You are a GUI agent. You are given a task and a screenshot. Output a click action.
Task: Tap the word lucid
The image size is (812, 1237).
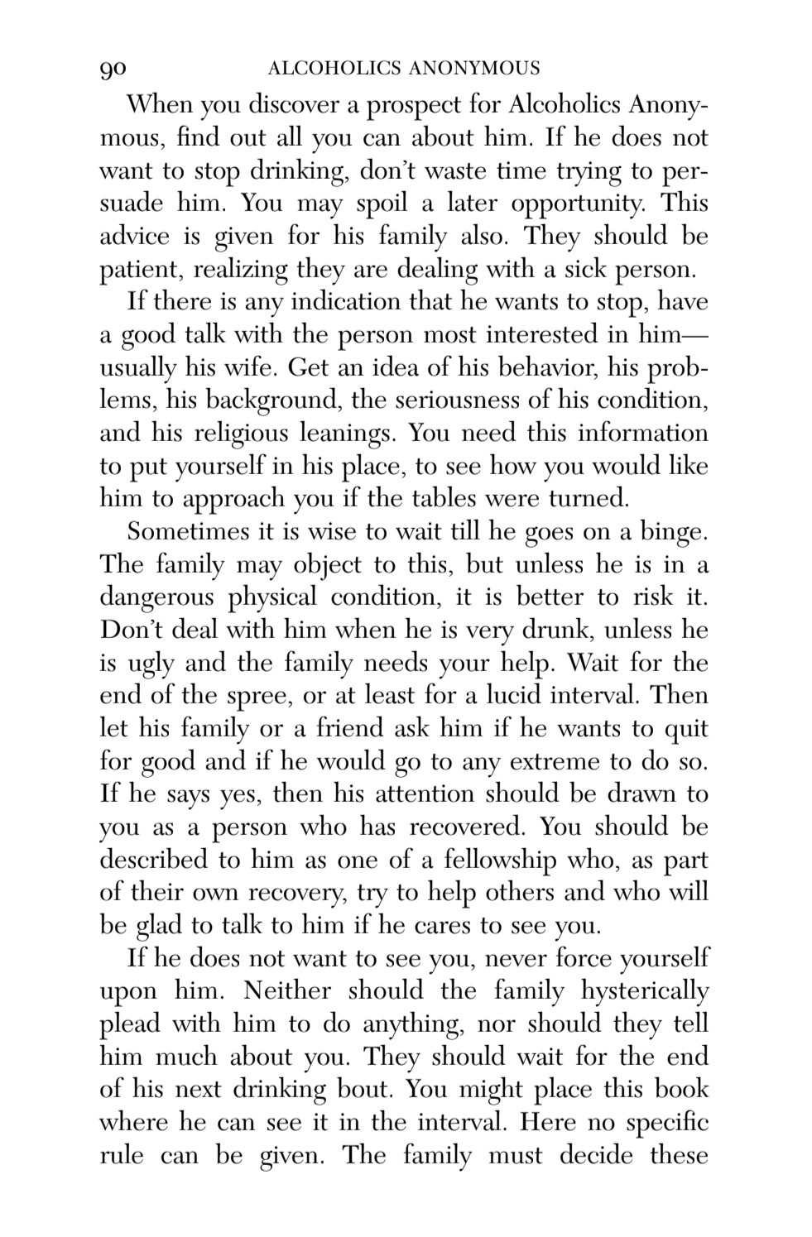tap(561, 696)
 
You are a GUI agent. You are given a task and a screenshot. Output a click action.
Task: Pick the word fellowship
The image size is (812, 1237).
tap(496, 861)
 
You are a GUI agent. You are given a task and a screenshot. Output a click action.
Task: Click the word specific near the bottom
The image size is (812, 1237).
tap(662, 1124)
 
